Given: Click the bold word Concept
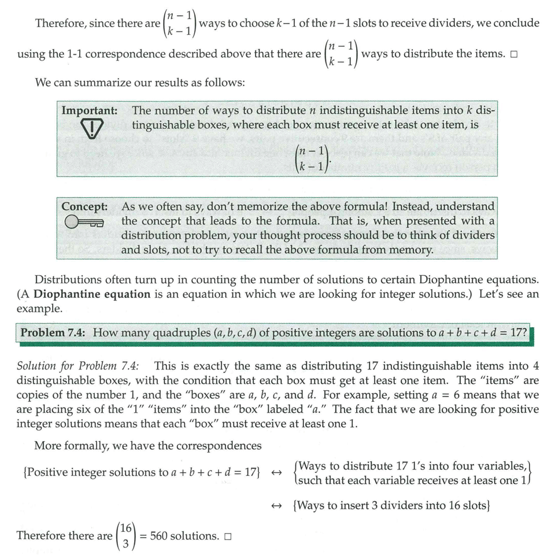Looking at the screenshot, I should [x=84, y=206].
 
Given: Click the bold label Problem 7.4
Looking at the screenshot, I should [x=54, y=332].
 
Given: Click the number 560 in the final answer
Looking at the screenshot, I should [x=163, y=536].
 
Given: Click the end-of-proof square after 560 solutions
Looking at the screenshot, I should [x=228, y=536].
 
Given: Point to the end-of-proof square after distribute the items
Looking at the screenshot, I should [x=513, y=54].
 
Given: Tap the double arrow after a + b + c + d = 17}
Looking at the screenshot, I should [x=276, y=472].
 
